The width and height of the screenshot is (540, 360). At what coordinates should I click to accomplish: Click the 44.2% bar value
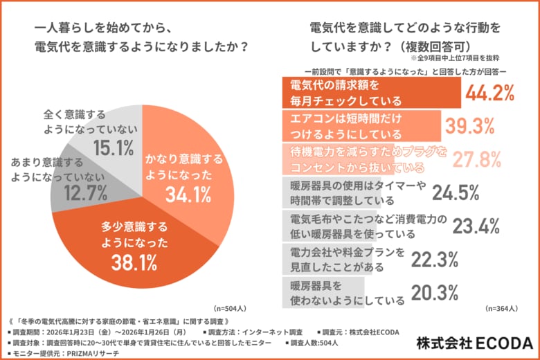[x=489, y=93]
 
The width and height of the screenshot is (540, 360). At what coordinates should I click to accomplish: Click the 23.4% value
[x=478, y=226]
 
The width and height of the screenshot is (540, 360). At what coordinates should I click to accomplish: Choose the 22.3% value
[x=435, y=260]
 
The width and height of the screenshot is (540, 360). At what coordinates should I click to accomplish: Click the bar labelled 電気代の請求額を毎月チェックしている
[x=371, y=93]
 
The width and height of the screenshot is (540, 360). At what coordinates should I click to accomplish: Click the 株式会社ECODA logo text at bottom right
[x=474, y=343]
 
